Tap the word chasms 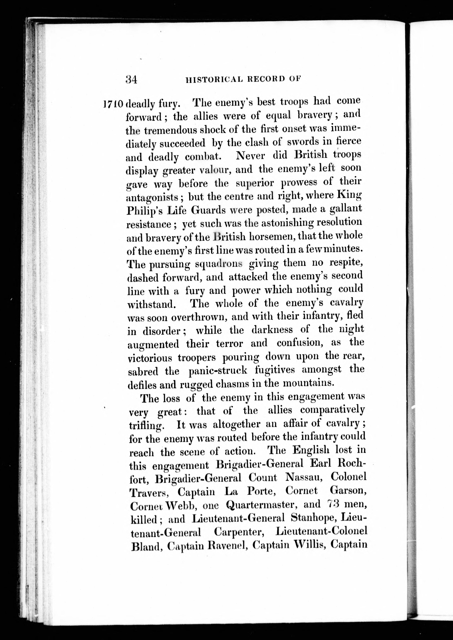click(x=231, y=384)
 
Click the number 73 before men click(x=332, y=504)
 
